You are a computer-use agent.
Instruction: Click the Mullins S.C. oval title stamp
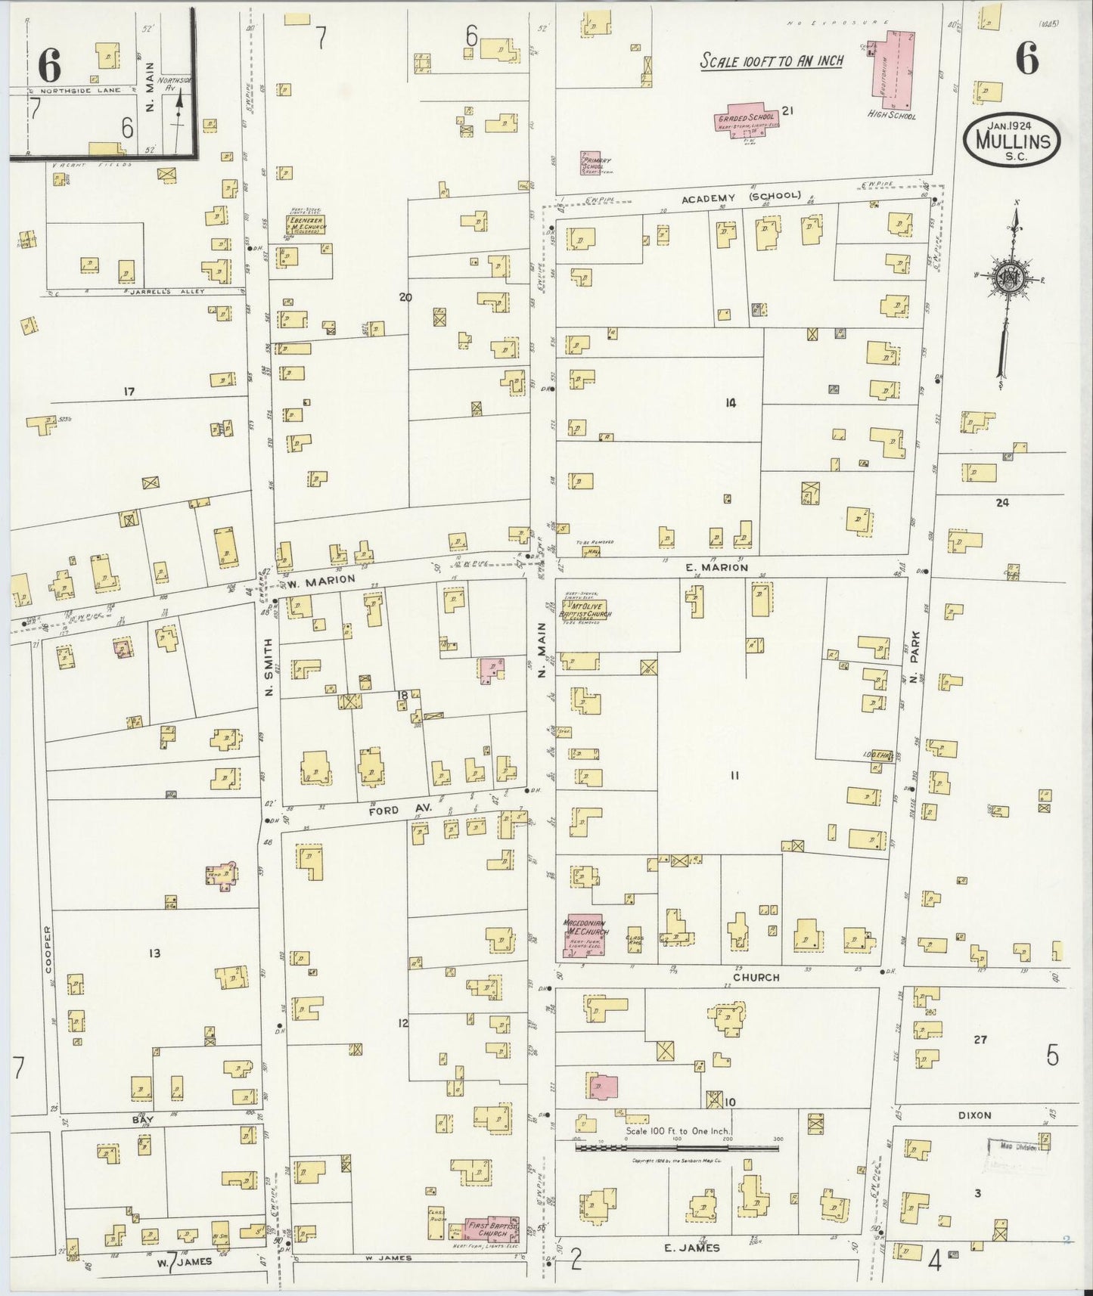tap(1012, 140)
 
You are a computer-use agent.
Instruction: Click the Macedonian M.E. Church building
tap(583, 935)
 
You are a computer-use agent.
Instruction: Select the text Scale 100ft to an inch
tap(771, 60)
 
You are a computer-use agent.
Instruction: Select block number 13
tap(154, 953)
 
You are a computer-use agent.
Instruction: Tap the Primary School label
tap(596, 164)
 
